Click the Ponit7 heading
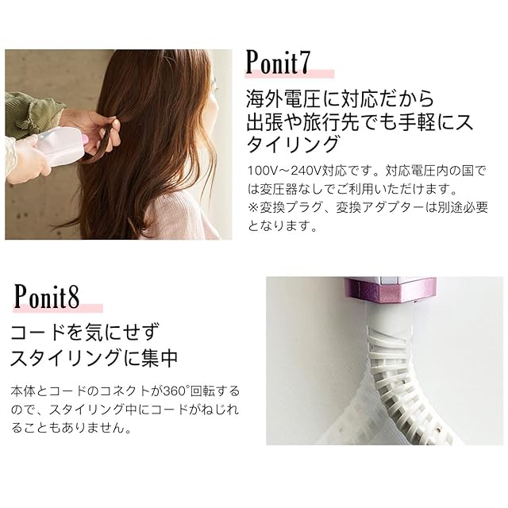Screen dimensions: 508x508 click(279, 62)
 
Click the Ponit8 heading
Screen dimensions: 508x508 click(47, 297)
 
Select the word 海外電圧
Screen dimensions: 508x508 click(283, 98)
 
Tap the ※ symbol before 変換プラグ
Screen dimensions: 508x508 click(254, 207)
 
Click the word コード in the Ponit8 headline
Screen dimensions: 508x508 click(43, 333)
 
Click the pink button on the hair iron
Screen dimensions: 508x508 click(85, 140)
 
